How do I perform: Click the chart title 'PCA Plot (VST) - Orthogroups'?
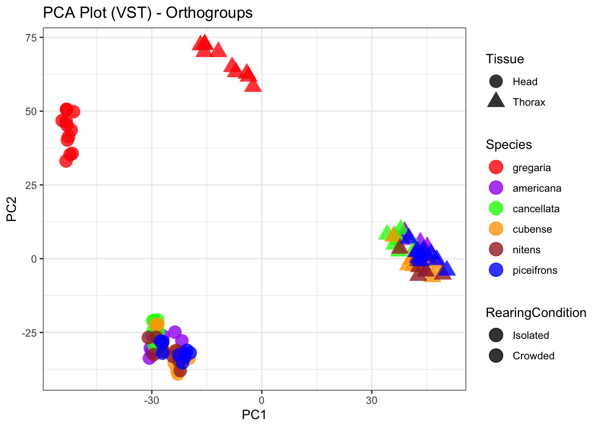click(148, 13)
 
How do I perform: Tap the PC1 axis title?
click(254, 415)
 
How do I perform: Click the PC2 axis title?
click(12, 209)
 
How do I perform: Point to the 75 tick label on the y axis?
click(31, 37)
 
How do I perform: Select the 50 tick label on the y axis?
click(31, 111)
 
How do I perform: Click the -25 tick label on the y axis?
click(29, 333)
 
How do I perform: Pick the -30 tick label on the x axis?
click(151, 400)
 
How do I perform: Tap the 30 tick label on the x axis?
click(371, 400)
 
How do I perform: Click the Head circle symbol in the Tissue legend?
click(496, 82)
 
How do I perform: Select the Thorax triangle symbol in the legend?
click(496, 101)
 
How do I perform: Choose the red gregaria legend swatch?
click(496, 167)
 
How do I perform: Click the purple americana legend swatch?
click(496, 188)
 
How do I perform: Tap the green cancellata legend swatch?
click(496, 208)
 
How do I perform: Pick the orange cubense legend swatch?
click(496, 229)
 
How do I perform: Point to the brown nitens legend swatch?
click(496, 249)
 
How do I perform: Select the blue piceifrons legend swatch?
click(496, 270)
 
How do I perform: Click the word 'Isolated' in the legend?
click(531, 335)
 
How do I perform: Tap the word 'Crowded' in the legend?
click(533, 356)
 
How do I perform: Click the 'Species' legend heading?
click(509, 145)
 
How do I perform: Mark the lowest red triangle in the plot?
click(253, 85)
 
